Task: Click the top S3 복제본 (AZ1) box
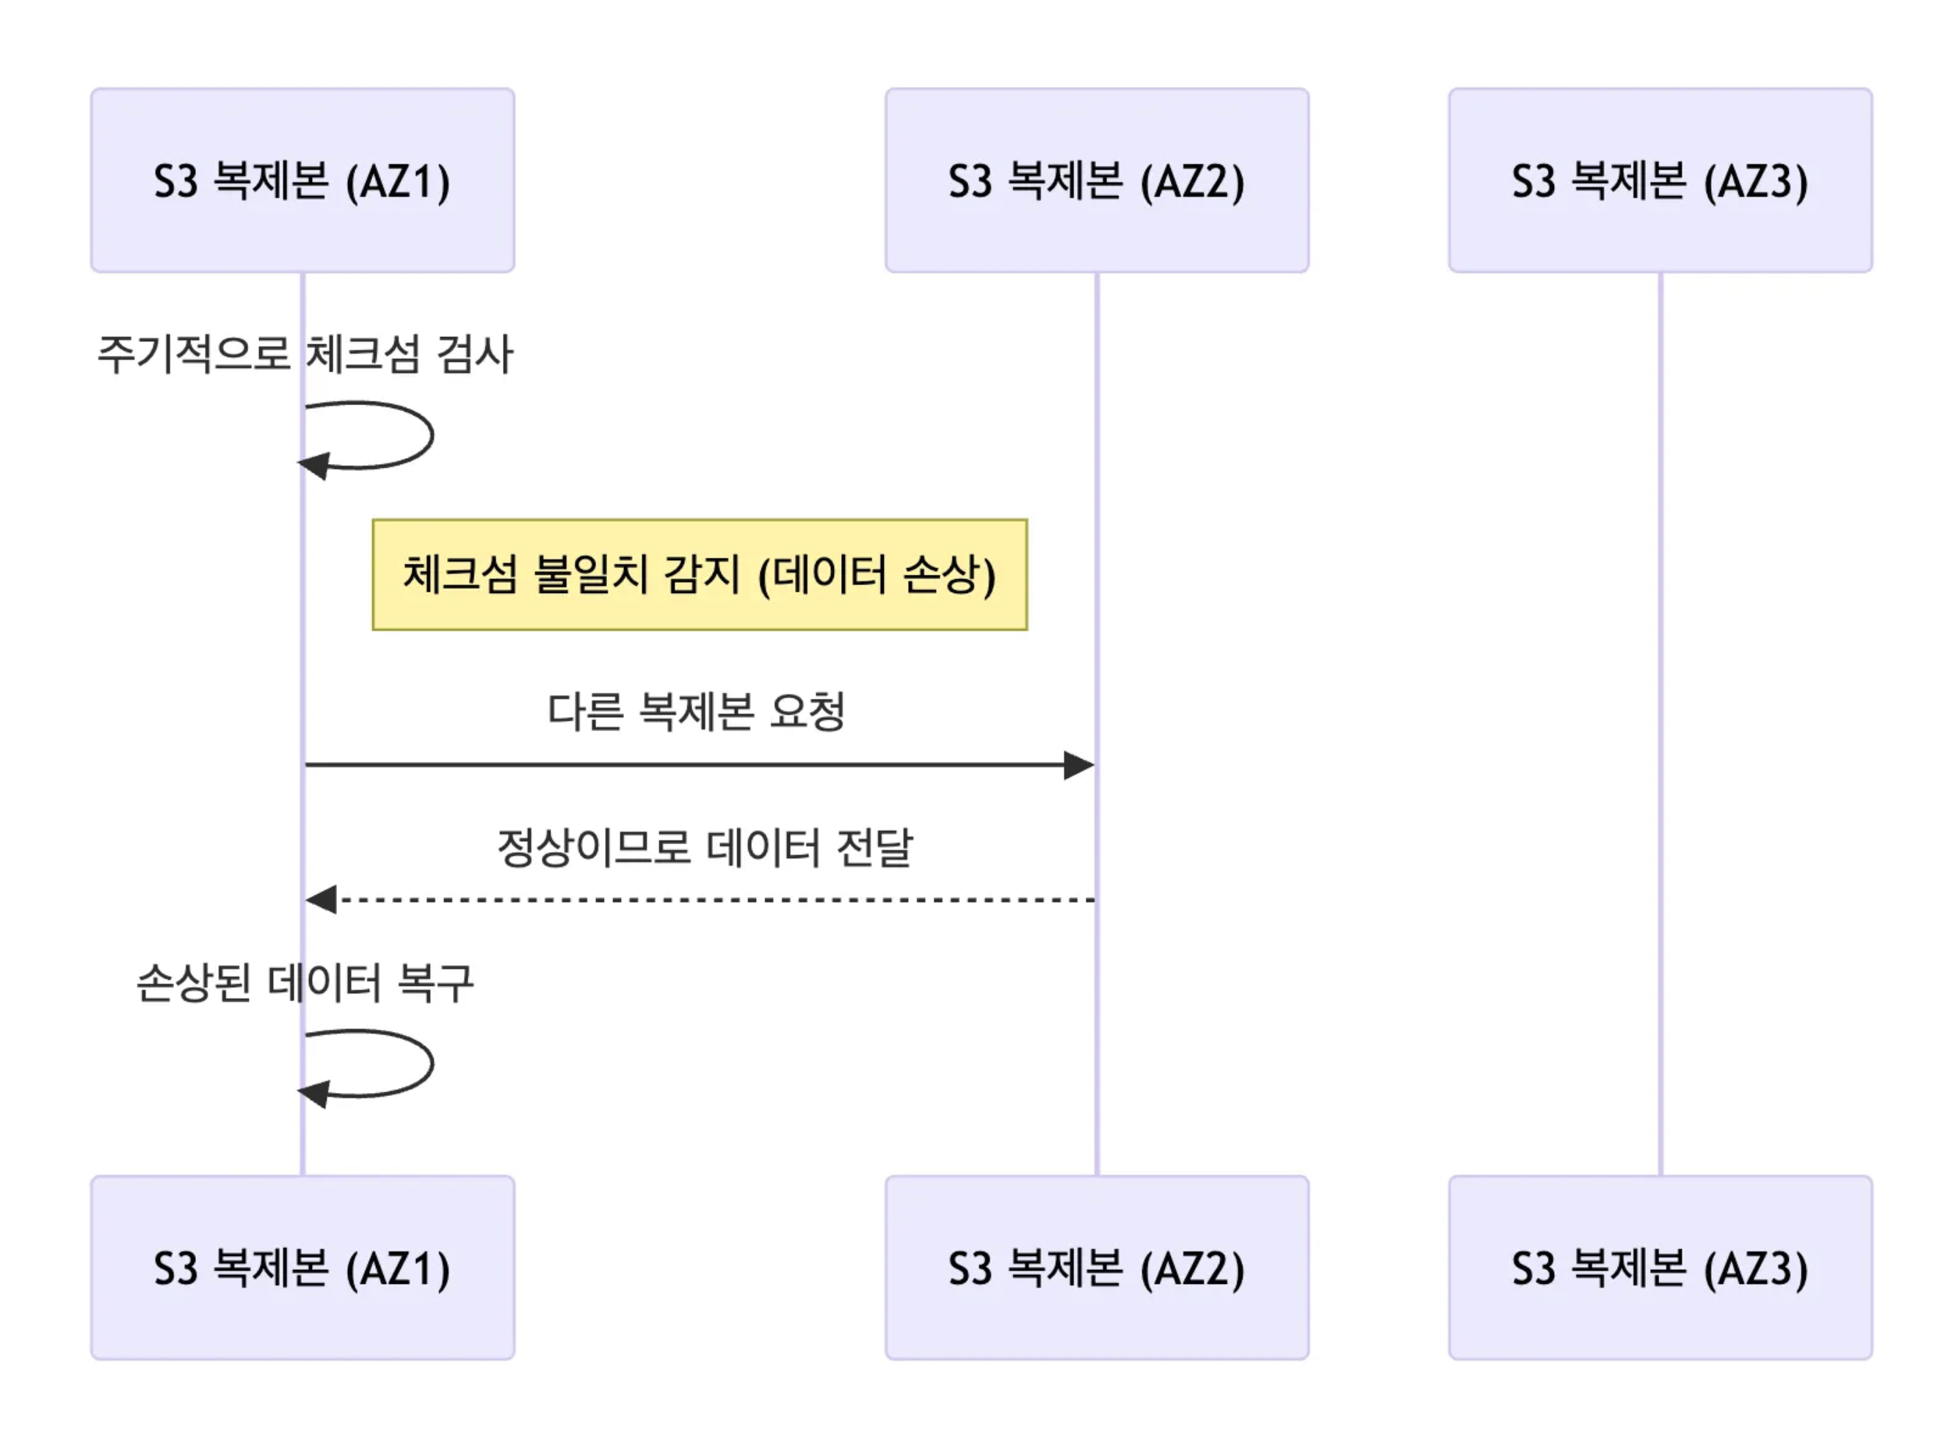[302, 181]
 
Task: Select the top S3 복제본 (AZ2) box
[1097, 181]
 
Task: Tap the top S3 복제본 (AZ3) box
[1660, 181]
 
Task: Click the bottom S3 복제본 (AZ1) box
[302, 1268]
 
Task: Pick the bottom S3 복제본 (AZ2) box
[1097, 1268]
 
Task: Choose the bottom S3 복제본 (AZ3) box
[1660, 1268]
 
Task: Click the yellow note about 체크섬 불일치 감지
[700, 575]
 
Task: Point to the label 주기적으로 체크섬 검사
[305, 355]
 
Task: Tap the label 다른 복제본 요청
[697, 711]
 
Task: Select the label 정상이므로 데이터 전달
[705, 847]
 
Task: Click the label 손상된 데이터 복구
[305, 983]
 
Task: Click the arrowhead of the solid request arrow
[1080, 766]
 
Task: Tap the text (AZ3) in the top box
[1756, 182]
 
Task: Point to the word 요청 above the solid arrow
[807, 711]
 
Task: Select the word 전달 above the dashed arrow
[875, 847]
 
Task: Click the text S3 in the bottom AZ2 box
[970, 1268]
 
